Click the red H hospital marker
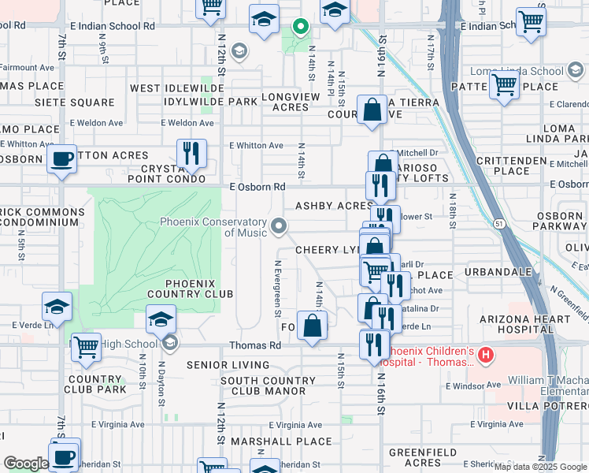tap(486, 356)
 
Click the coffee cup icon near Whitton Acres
tap(61, 158)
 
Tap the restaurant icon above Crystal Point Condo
tap(191, 152)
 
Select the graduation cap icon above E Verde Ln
tap(57, 307)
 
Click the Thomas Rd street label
tap(255, 345)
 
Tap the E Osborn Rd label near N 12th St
tap(257, 187)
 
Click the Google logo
tap(25, 463)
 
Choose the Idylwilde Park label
tap(211, 102)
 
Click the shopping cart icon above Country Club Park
tap(86, 345)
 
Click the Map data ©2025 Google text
tap(539, 467)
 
